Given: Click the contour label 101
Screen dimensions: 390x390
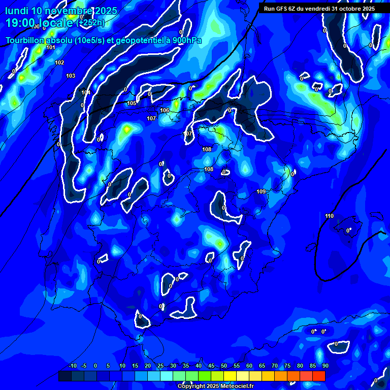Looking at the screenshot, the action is coord(51,47).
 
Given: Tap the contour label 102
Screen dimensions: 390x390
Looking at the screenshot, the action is coord(59,62).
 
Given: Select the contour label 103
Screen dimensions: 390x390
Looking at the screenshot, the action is coord(71,76).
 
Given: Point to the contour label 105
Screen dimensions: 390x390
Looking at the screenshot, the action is coord(132,103).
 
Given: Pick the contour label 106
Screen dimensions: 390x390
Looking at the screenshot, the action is coord(165,110).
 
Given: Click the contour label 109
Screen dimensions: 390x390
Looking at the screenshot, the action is coord(261,191).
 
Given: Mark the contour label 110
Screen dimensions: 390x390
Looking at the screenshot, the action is coord(330,216).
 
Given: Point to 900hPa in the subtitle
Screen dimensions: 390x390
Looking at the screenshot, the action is coord(186,40).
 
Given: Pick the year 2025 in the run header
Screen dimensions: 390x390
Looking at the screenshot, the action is coord(366,9).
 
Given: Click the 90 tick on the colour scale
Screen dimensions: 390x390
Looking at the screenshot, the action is coord(325,366).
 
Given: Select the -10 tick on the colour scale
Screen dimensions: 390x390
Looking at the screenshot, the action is coord(72,366).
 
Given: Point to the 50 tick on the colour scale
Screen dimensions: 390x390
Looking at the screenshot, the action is coord(224,366).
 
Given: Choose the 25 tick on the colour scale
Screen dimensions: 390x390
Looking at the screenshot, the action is coord(160,366).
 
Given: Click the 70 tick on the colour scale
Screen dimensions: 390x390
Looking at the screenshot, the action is coord(275,366).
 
